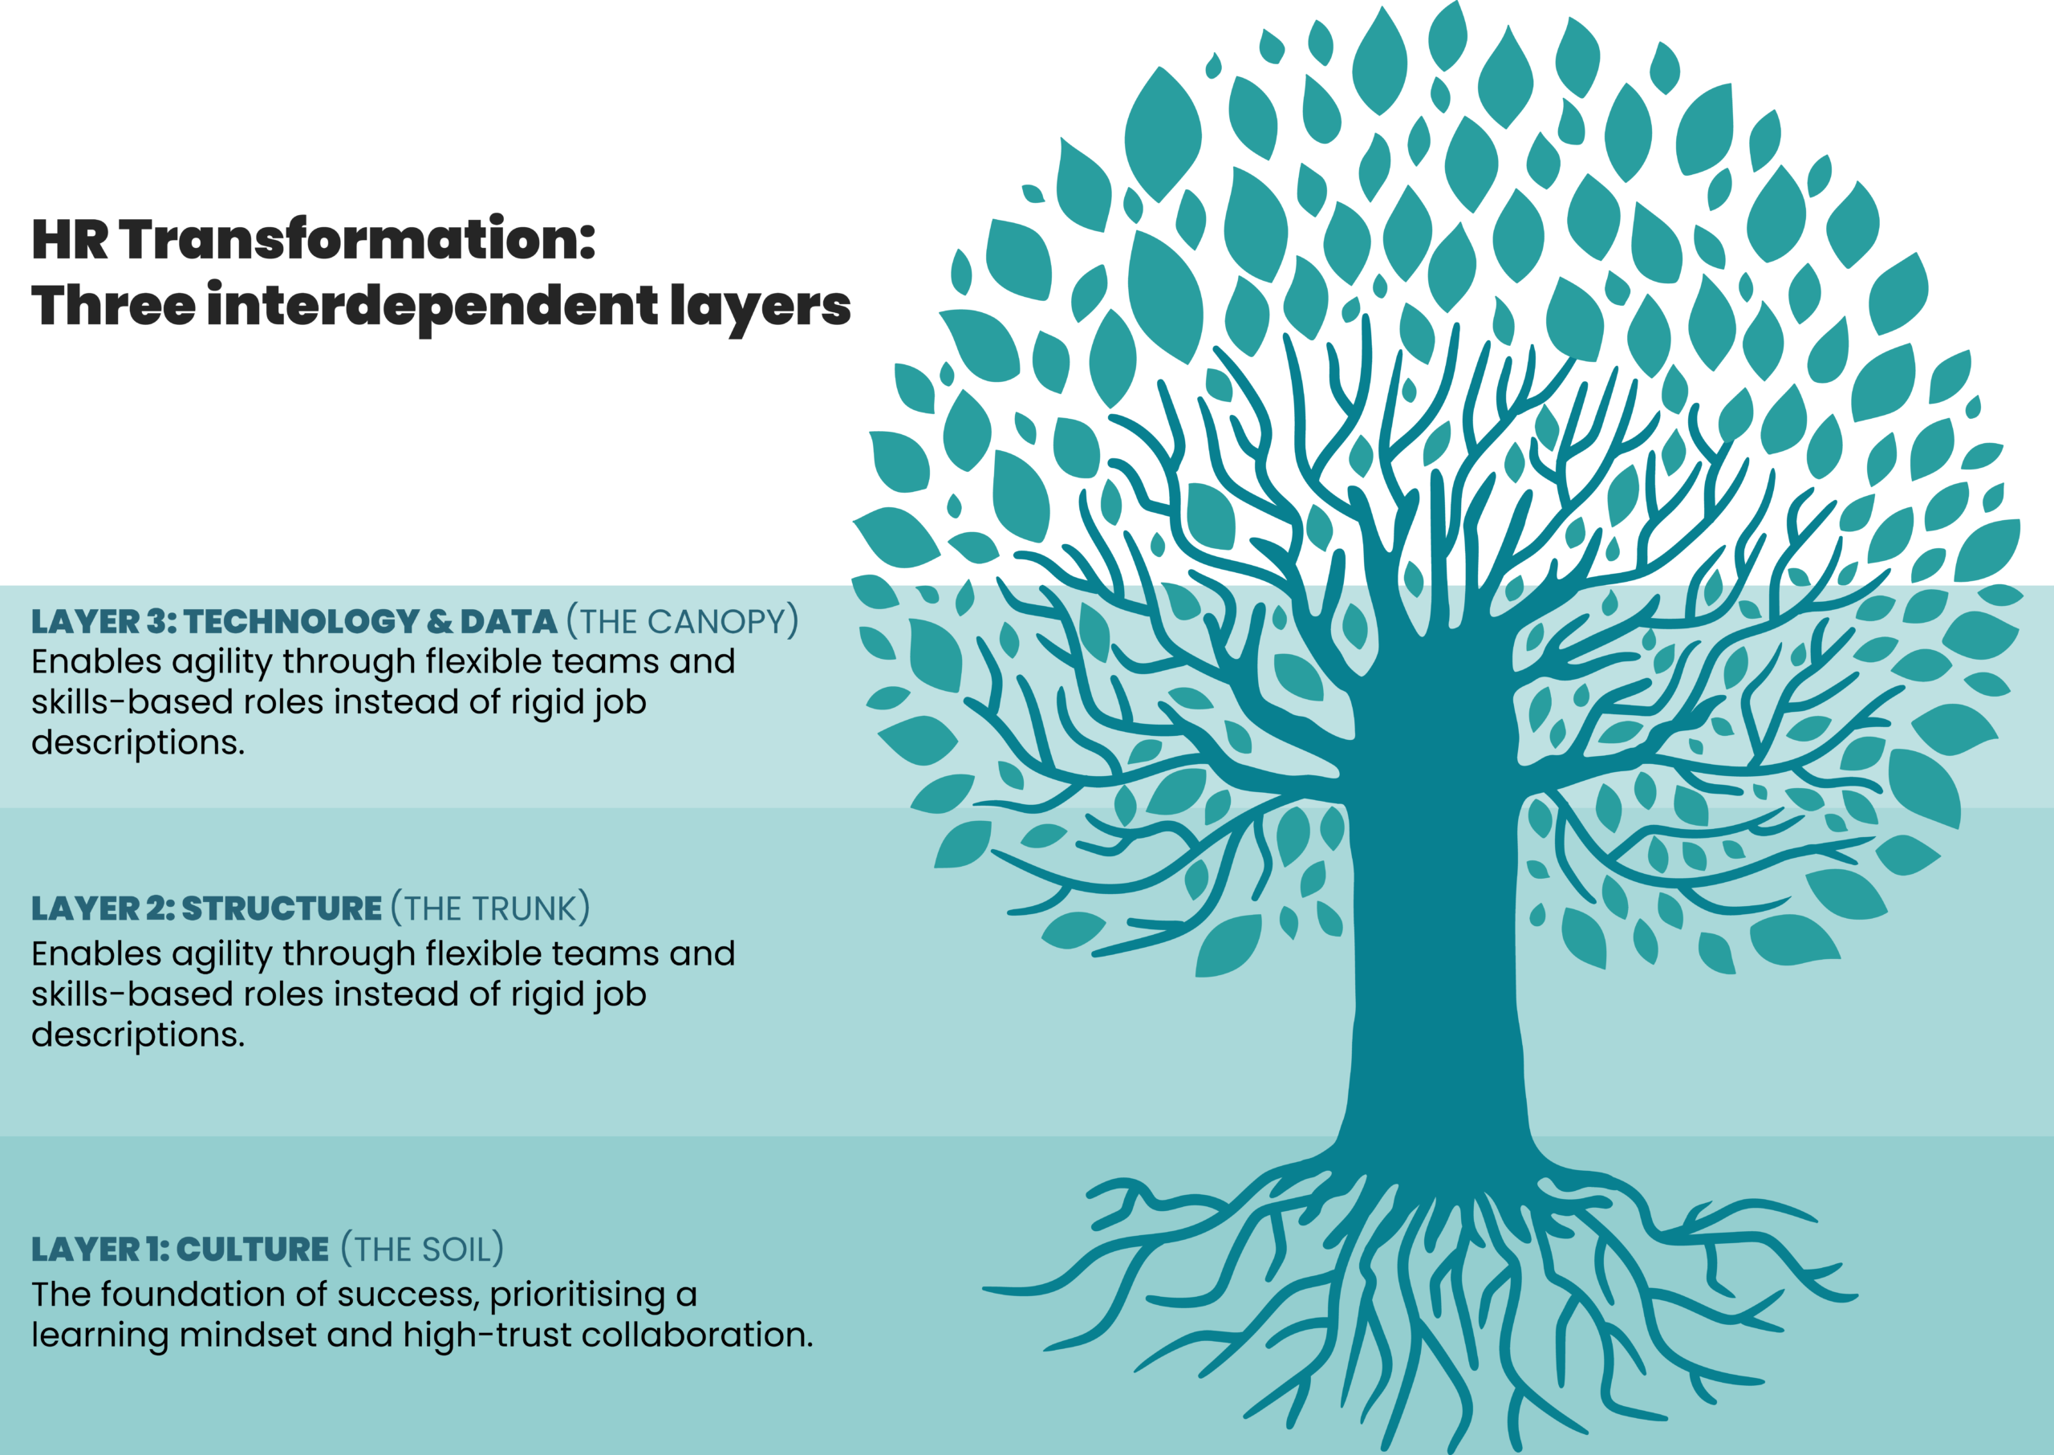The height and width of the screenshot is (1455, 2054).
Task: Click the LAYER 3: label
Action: [103, 622]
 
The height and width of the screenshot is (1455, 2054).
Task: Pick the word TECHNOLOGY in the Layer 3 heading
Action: [302, 622]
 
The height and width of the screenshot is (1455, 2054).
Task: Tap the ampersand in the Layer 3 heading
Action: [439, 622]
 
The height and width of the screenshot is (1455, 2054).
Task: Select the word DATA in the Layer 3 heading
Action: [509, 622]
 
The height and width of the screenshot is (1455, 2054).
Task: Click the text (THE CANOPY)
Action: [682, 622]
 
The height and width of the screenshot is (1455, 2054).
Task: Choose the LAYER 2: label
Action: [102, 908]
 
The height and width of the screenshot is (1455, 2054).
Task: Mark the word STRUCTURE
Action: [282, 908]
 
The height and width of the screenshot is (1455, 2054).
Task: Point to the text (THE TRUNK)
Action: [490, 908]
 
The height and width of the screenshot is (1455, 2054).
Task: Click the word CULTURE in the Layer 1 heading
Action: [253, 1249]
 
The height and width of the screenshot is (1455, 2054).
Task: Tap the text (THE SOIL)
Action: [422, 1249]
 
